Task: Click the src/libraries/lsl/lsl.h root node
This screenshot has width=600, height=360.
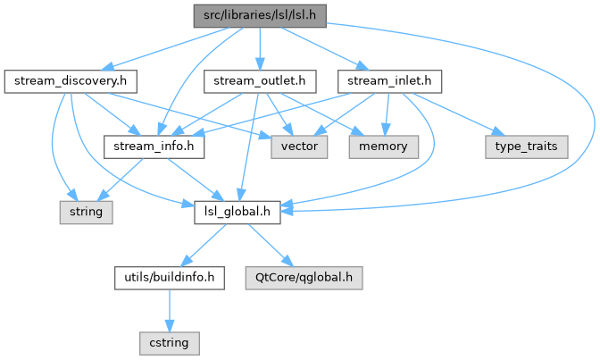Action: [x=259, y=15]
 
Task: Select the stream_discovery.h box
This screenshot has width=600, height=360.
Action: [x=69, y=82]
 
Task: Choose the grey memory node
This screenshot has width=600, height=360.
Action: [x=383, y=147]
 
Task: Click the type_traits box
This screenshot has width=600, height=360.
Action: [x=526, y=147]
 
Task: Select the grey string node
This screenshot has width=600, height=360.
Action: [x=87, y=213]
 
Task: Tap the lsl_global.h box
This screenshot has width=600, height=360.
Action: [x=238, y=213]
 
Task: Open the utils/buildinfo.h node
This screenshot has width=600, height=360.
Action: [x=167, y=278]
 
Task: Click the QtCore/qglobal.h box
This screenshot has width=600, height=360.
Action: [x=315, y=278]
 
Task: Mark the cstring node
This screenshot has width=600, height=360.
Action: [x=169, y=342]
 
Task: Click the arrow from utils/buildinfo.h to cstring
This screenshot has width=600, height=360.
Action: [x=168, y=309]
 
